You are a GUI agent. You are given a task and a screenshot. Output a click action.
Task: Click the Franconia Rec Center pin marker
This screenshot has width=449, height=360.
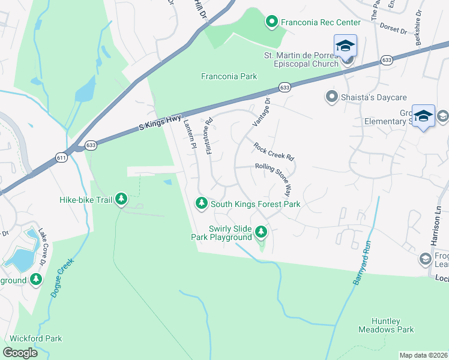pyautogui.click(x=271, y=22)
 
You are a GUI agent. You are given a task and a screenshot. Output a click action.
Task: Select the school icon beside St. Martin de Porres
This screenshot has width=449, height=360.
pyautogui.click(x=345, y=46)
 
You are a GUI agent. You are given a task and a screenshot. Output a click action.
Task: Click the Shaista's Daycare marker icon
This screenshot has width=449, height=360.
pyautogui.click(x=331, y=97)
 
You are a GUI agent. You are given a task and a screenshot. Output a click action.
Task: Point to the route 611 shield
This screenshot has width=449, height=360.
pyautogui.click(x=62, y=157)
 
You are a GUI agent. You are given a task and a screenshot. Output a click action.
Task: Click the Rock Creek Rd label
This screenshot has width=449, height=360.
pyautogui.click(x=274, y=151)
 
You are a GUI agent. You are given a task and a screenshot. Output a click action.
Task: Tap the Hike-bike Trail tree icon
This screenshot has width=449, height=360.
pyautogui.click(x=121, y=199)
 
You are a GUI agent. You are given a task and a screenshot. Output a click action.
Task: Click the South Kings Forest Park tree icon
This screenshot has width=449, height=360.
pyautogui.click(x=202, y=204)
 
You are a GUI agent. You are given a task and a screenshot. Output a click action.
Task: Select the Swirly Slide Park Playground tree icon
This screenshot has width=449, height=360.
pyautogui.click(x=261, y=231)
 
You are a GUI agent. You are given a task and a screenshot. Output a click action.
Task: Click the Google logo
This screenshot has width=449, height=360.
pyautogui.click(x=20, y=352)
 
